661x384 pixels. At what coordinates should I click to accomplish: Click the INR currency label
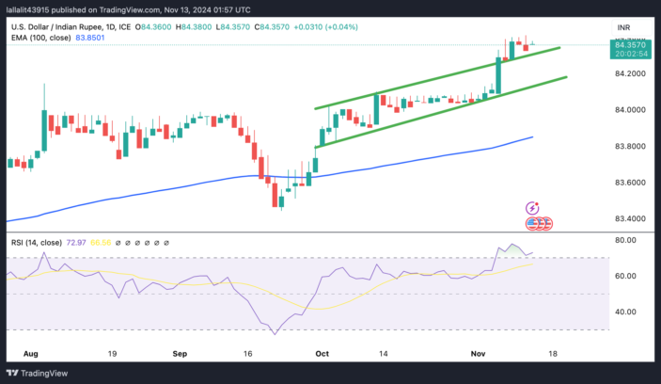pyautogui.click(x=622, y=27)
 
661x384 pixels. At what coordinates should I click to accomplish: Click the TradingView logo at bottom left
pyautogui.click(x=43, y=372)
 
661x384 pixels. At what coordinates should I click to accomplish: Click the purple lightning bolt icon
pyautogui.click(x=533, y=208)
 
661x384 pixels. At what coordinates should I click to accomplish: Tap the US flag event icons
pyautogui.click(x=538, y=224)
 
